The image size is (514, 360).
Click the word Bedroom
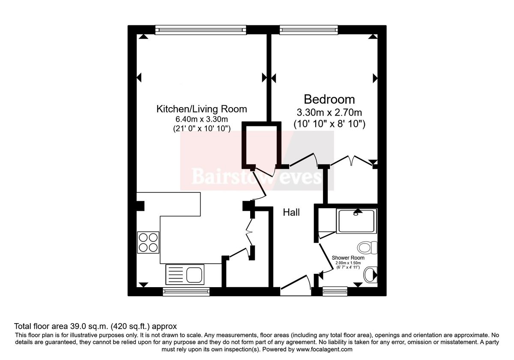click(329, 99)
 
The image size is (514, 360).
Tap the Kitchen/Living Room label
click(201, 109)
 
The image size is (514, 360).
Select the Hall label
click(291, 212)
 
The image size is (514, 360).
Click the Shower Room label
click(348, 258)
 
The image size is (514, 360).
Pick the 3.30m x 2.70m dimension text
click(329, 113)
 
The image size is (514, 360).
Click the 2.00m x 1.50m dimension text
click(348, 263)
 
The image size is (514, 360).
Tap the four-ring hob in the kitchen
click(148, 242)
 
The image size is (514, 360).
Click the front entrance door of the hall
click(296, 284)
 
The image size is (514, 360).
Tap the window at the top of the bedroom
click(309, 29)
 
